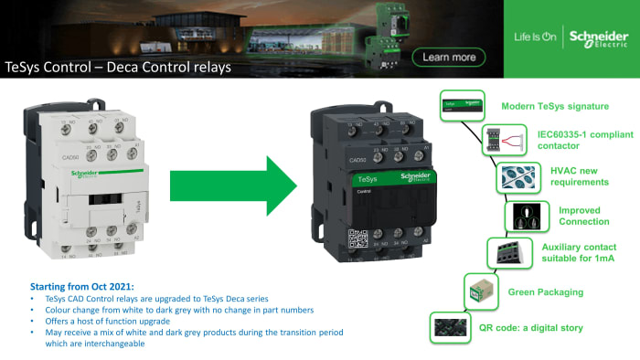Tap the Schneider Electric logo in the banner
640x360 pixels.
(x=598, y=37)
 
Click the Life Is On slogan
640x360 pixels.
(x=534, y=37)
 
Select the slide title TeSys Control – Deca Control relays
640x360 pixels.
(x=118, y=67)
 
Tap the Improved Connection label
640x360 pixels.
(x=584, y=216)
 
